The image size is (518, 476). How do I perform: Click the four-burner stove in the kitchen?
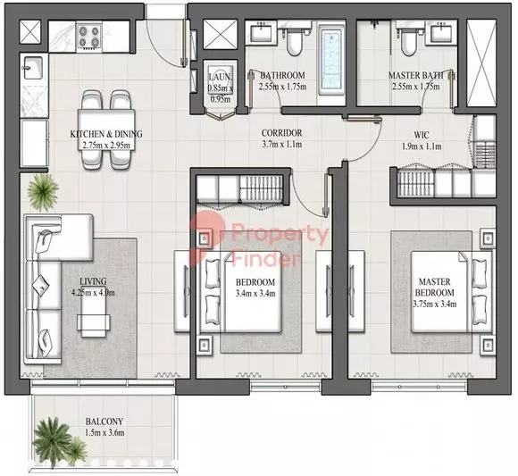(x=89, y=37)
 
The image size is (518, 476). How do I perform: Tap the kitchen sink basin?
(x=32, y=68)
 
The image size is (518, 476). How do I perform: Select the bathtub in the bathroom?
(x=330, y=62)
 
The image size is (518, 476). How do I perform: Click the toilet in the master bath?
(x=408, y=42)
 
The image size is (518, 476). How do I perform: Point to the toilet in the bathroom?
(x=295, y=42)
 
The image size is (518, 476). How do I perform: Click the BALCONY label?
(x=104, y=422)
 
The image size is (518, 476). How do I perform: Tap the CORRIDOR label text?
(x=282, y=133)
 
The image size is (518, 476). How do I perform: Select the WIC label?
(x=422, y=135)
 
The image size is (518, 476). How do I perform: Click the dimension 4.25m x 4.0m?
(x=93, y=293)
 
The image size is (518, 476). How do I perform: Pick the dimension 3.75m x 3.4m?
(x=435, y=304)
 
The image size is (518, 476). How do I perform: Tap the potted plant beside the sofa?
(x=43, y=192)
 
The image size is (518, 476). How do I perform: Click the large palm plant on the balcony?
(x=53, y=441)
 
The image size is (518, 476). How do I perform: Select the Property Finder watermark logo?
(x=259, y=239)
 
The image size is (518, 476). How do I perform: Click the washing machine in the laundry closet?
(x=220, y=86)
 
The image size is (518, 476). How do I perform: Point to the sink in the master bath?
(x=440, y=32)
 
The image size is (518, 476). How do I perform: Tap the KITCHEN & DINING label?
(x=106, y=134)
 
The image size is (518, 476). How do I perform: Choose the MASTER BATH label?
(x=416, y=75)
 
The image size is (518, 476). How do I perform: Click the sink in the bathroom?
(x=261, y=32)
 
